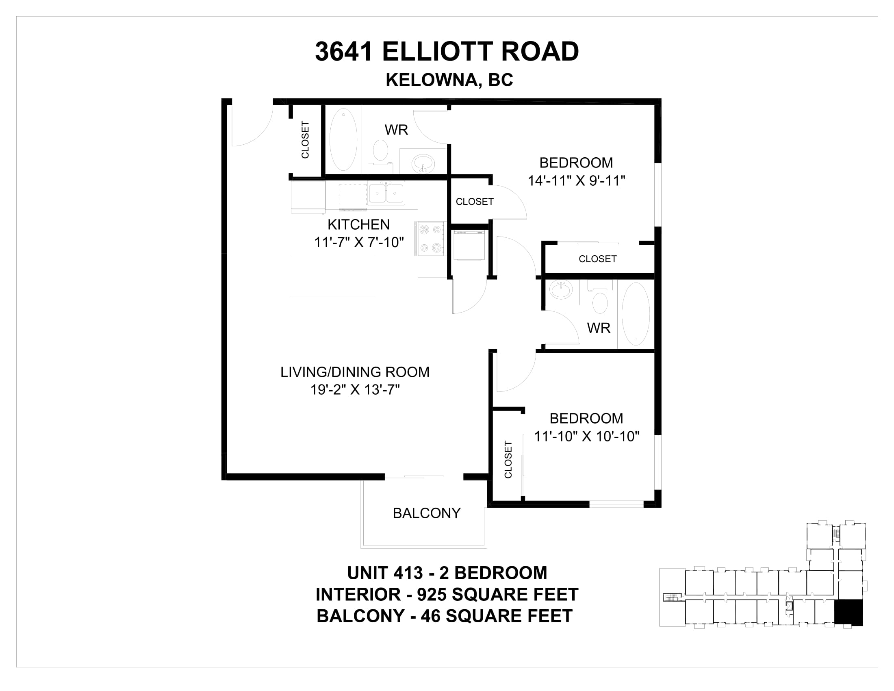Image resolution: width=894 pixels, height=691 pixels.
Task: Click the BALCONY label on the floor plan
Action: pyautogui.click(x=427, y=513)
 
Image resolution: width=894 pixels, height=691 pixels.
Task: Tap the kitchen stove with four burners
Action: pyautogui.click(x=430, y=239)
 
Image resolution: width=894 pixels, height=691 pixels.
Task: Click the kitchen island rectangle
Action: pyautogui.click(x=332, y=276)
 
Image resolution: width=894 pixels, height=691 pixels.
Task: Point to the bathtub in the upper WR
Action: pyautogui.click(x=343, y=139)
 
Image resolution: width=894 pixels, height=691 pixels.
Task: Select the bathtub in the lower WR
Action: pyautogui.click(x=636, y=314)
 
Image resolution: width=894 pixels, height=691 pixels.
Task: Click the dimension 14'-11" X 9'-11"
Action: pyautogui.click(x=576, y=180)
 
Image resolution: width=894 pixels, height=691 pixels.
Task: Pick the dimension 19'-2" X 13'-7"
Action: pyautogui.click(x=355, y=389)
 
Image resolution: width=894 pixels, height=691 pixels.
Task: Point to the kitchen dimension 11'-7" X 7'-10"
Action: pyautogui.click(x=359, y=242)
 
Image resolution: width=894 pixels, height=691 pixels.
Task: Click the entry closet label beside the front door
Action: pyautogui.click(x=305, y=139)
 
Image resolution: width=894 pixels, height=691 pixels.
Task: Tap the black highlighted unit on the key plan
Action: pyautogui.click(x=848, y=613)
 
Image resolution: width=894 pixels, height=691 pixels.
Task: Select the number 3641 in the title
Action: pyautogui.click(x=344, y=52)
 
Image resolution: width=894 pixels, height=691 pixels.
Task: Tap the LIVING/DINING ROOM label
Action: pyautogui.click(x=355, y=372)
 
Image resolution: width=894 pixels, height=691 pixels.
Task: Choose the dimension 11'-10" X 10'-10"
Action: pyautogui.click(x=586, y=437)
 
